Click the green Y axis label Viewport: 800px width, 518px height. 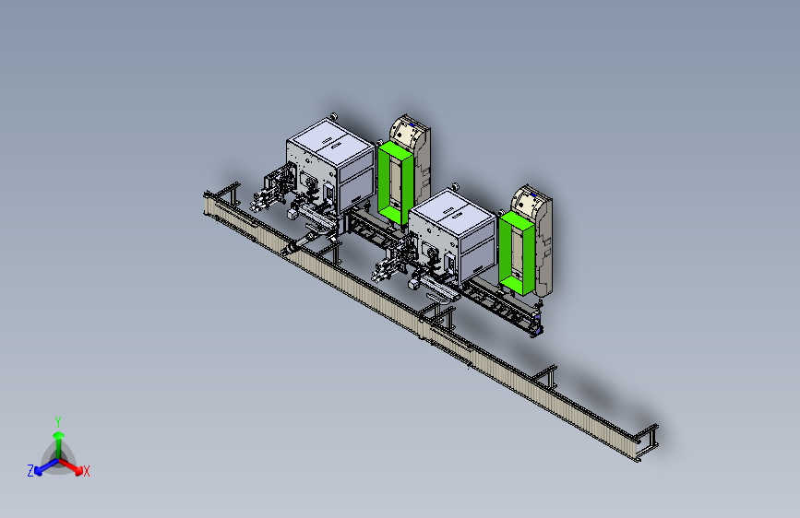tap(58, 421)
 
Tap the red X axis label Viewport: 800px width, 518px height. tap(86, 471)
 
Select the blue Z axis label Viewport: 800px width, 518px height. tap(30, 471)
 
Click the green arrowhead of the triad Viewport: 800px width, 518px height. tap(59, 435)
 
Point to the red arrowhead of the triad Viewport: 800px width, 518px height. tap(78, 471)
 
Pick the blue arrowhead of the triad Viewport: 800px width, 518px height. tap(39, 471)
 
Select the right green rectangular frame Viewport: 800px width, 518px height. tap(517, 253)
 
